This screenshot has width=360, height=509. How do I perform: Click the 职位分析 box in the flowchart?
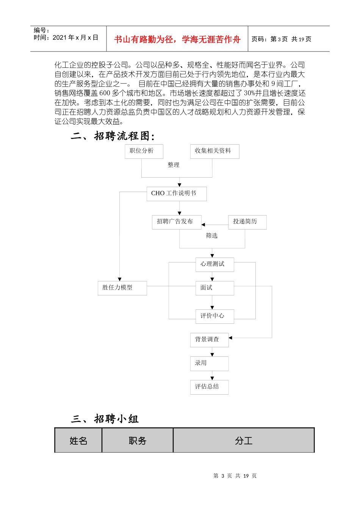click(144, 151)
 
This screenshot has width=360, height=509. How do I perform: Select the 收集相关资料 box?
click(214, 151)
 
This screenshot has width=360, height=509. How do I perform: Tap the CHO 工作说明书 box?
click(177, 194)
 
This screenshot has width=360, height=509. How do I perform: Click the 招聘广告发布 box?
click(177, 222)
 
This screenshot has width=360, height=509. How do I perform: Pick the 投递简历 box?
click(247, 222)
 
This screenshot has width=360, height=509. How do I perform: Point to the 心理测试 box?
click(214, 264)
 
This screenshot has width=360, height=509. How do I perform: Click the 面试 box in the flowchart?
click(214, 288)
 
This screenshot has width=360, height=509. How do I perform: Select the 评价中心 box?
click(214, 316)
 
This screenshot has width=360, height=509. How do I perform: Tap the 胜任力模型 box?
click(122, 288)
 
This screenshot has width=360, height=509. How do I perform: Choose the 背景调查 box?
click(209, 340)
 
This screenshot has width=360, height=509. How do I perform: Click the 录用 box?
click(209, 363)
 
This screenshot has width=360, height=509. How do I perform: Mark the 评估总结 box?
click(209, 387)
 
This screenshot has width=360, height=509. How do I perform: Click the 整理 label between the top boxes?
click(174, 165)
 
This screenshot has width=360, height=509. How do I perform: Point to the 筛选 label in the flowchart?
click(212, 236)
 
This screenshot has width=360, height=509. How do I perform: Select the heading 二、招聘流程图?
click(113, 136)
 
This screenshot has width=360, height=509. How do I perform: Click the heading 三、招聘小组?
click(105, 419)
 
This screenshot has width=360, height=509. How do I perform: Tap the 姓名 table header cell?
click(78, 440)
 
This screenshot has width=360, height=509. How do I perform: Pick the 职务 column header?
click(138, 440)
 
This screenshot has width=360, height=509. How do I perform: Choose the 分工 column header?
click(244, 440)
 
